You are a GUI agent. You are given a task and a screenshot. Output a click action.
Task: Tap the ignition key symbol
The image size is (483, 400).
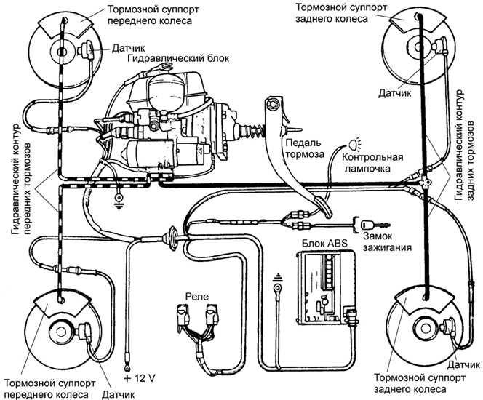point(359,223)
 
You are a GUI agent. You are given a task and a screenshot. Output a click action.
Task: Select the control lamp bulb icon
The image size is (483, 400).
point(354,143)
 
